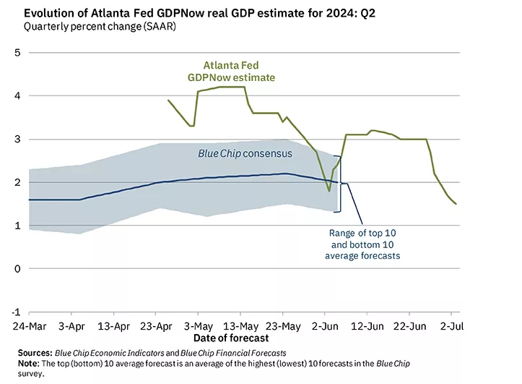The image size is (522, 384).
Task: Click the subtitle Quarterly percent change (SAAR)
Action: coord(99,27)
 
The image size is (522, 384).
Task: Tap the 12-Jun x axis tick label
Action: coord(367,326)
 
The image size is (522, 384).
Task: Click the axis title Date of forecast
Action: coord(231,338)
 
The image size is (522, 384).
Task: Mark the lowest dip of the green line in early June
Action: coord(329,191)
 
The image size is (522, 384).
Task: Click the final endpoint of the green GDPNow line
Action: coord(456,204)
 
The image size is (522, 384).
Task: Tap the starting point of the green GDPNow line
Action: coord(168,101)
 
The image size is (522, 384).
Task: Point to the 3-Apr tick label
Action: coord(71,326)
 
